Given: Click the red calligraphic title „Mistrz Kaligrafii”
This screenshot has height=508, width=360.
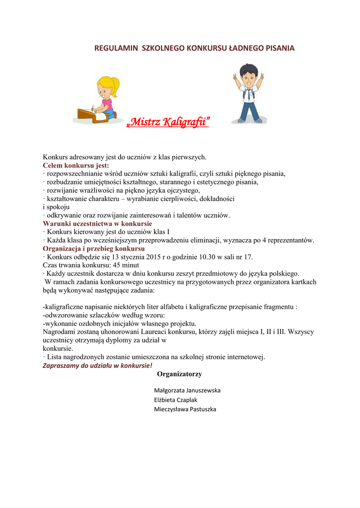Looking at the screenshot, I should [x=168, y=121].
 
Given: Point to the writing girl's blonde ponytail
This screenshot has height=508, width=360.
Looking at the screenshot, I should [x=116, y=85].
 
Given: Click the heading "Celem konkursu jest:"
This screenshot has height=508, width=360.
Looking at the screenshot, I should [x=76, y=165].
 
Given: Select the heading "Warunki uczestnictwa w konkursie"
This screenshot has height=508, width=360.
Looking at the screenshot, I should [x=97, y=224].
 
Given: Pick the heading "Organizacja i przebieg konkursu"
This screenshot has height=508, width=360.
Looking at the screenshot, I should [x=94, y=249].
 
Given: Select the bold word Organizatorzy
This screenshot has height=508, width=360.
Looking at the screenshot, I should [x=179, y=374].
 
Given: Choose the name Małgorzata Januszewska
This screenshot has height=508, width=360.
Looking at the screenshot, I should [x=187, y=390].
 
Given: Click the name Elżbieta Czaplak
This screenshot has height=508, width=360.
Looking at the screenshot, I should [x=176, y=400].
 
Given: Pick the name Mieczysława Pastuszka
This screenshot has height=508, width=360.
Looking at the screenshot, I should [x=185, y=409].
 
